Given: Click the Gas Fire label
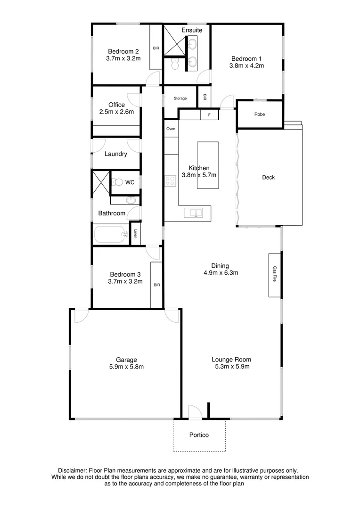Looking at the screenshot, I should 275,275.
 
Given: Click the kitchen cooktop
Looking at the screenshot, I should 170,181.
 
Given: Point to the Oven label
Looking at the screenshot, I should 171,129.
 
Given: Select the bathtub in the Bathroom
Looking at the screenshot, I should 111,234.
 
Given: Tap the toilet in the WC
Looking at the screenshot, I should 119,182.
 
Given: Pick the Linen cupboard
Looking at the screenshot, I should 135,233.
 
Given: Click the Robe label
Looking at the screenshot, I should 259,115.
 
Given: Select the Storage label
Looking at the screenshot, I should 180,99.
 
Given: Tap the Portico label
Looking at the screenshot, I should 199,435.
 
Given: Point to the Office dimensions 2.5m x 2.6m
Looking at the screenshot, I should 116,112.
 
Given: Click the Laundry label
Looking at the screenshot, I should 115,154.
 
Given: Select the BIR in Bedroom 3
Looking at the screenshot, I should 156,285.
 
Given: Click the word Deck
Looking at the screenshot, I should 268,178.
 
